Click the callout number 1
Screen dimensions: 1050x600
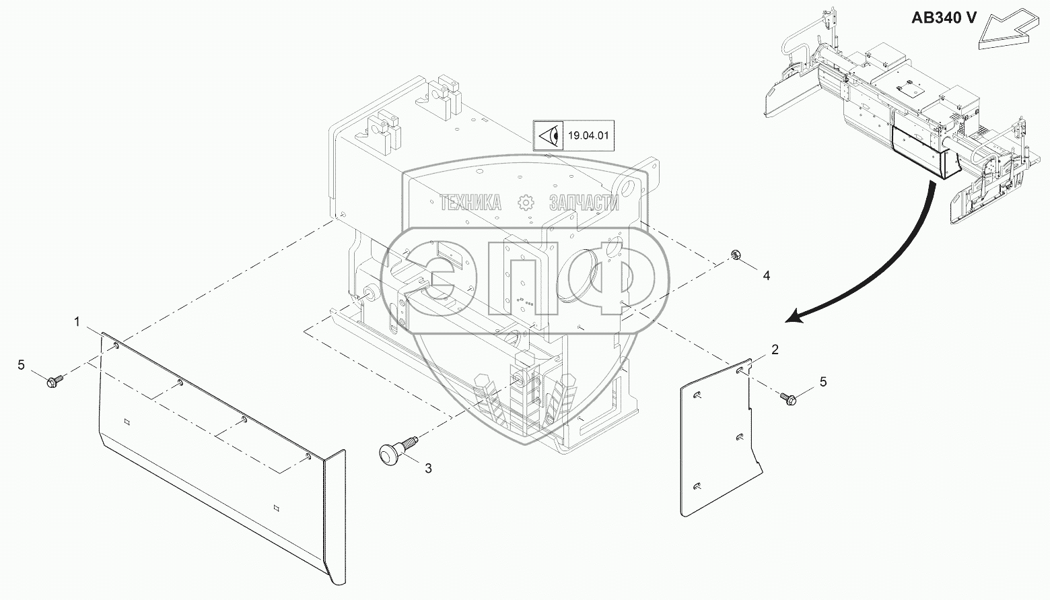tap(77, 323)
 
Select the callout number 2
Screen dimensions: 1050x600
tap(775, 349)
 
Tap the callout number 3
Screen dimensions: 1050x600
tap(428, 468)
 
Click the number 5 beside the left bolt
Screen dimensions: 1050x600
tap(21, 364)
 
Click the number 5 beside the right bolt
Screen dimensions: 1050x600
tap(823, 382)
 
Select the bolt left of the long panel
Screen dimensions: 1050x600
tap(54, 381)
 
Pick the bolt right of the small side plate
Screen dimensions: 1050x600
tap(789, 399)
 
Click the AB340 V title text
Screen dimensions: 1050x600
tap(944, 18)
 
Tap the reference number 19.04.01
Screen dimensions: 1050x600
tap(588, 135)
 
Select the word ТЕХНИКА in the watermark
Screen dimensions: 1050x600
tap(470, 202)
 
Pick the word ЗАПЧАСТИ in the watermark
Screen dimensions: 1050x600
tap(584, 202)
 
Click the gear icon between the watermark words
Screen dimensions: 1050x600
tap(526, 202)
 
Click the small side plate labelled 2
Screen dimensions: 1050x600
tap(717, 444)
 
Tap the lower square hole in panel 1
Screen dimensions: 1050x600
tap(276, 507)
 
